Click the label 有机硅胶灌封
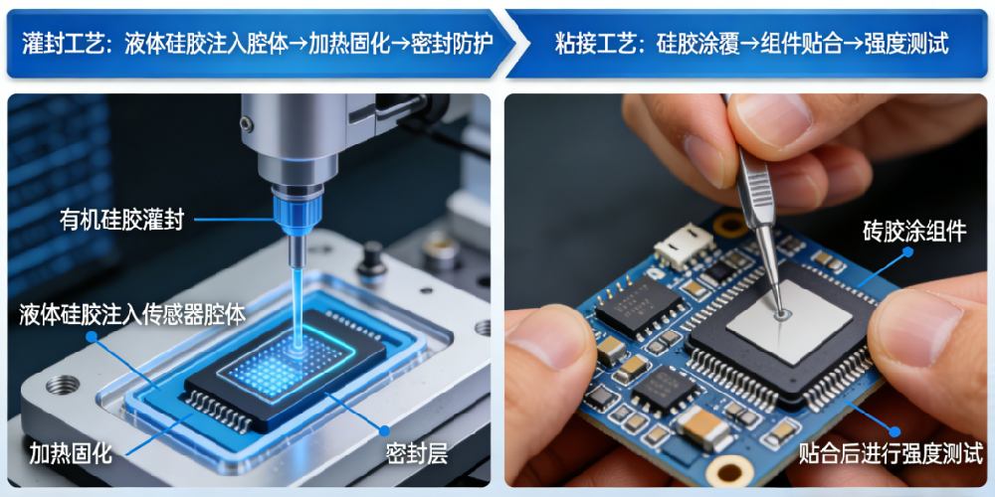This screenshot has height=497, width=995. (x=121, y=220)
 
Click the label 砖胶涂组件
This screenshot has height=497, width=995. (x=914, y=232)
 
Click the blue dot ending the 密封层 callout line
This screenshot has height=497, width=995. (x=384, y=430)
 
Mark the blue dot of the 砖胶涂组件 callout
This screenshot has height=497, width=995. (x=908, y=251)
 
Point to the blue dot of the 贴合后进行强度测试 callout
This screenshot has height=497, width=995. (x=895, y=431)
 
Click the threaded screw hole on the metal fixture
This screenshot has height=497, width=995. (x=62, y=384)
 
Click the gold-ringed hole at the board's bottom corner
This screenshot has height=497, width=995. (x=727, y=470)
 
